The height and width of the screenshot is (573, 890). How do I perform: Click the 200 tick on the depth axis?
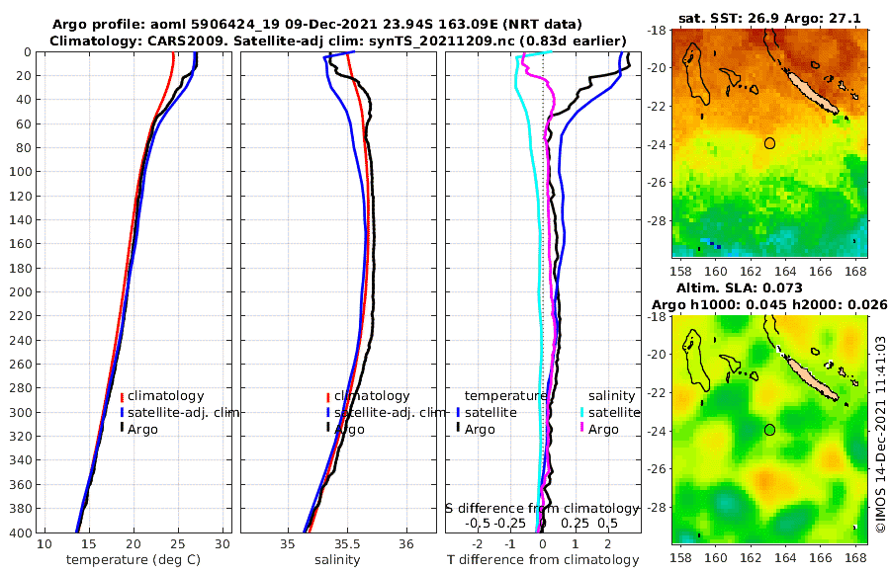(x=19, y=292)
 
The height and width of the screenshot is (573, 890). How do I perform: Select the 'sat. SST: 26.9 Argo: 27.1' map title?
(x=764, y=18)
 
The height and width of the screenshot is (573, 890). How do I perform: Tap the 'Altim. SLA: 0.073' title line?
(x=764, y=286)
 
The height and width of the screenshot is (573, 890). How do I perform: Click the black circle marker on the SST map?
(x=770, y=143)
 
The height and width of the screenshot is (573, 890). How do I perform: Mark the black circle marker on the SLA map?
(x=770, y=430)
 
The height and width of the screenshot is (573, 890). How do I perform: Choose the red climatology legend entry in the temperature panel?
(x=162, y=396)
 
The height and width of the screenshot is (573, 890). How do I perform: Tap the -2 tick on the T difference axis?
(x=478, y=544)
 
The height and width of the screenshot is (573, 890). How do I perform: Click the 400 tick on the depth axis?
(x=19, y=532)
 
